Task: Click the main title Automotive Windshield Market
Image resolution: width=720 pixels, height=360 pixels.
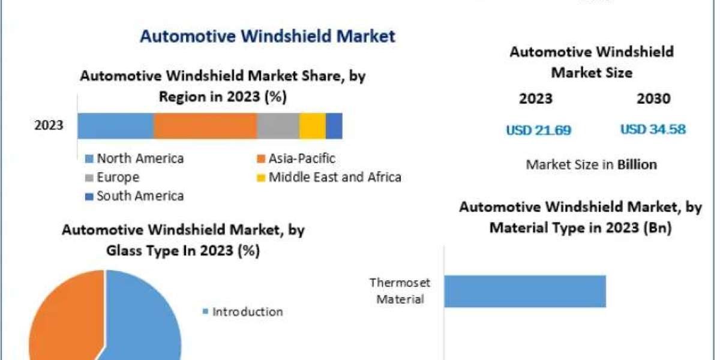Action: (x=268, y=36)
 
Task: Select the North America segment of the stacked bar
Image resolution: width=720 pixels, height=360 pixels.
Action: (x=115, y=126)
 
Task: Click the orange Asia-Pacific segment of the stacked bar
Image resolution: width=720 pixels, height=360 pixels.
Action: (x=205, y=126)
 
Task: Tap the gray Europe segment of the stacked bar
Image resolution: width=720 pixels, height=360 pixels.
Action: (x=278, y=126)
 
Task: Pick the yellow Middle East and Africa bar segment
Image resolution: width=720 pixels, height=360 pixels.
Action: (x=312, y=126)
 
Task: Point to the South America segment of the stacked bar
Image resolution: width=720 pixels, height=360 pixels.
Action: (x=334, y=126)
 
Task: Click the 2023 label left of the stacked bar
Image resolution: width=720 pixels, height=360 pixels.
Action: (x=49, y=126)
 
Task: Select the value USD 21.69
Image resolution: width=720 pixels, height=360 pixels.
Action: (x=538, y=130)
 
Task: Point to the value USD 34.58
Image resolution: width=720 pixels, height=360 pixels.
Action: (x=653, y=130)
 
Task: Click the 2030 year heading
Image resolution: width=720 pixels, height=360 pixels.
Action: (x=653, y=99)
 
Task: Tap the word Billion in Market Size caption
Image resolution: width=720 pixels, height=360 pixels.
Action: (x=637, y=164)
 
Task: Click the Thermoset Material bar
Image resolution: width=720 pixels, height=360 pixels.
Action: (x=525, y=292)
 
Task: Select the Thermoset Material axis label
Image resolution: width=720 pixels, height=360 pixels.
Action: (x=400, y=290)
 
